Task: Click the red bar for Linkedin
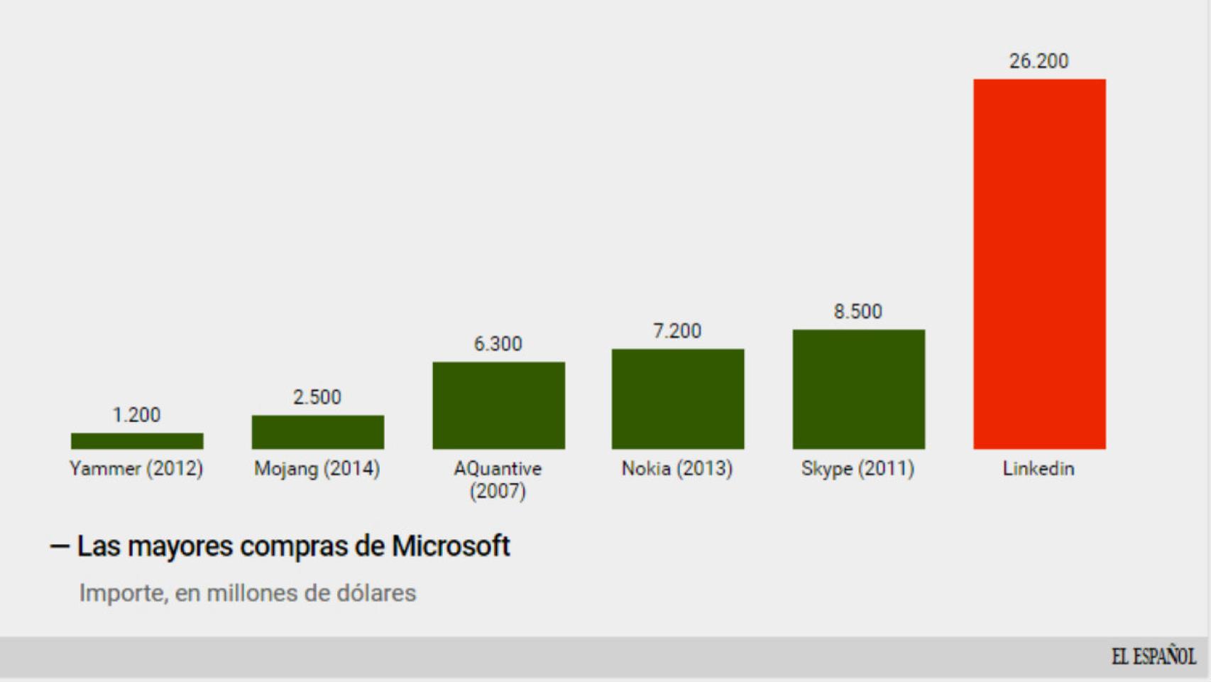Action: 1039,264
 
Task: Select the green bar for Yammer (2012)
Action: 137,441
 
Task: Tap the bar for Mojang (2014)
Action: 318,432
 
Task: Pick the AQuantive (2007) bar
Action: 498,406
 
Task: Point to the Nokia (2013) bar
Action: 678,399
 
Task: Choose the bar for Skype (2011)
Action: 858,389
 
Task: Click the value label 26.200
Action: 1039,61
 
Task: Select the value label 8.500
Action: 857,311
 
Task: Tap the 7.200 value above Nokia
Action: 677,331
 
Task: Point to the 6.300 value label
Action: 498,344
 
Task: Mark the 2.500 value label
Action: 317,397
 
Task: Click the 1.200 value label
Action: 136,415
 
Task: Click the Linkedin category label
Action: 1038,469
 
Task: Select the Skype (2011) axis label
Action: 857,469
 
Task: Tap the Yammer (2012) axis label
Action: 136,469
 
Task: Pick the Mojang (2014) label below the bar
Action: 317,469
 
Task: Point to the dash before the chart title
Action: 60,547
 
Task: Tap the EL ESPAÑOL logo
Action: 1153,656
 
